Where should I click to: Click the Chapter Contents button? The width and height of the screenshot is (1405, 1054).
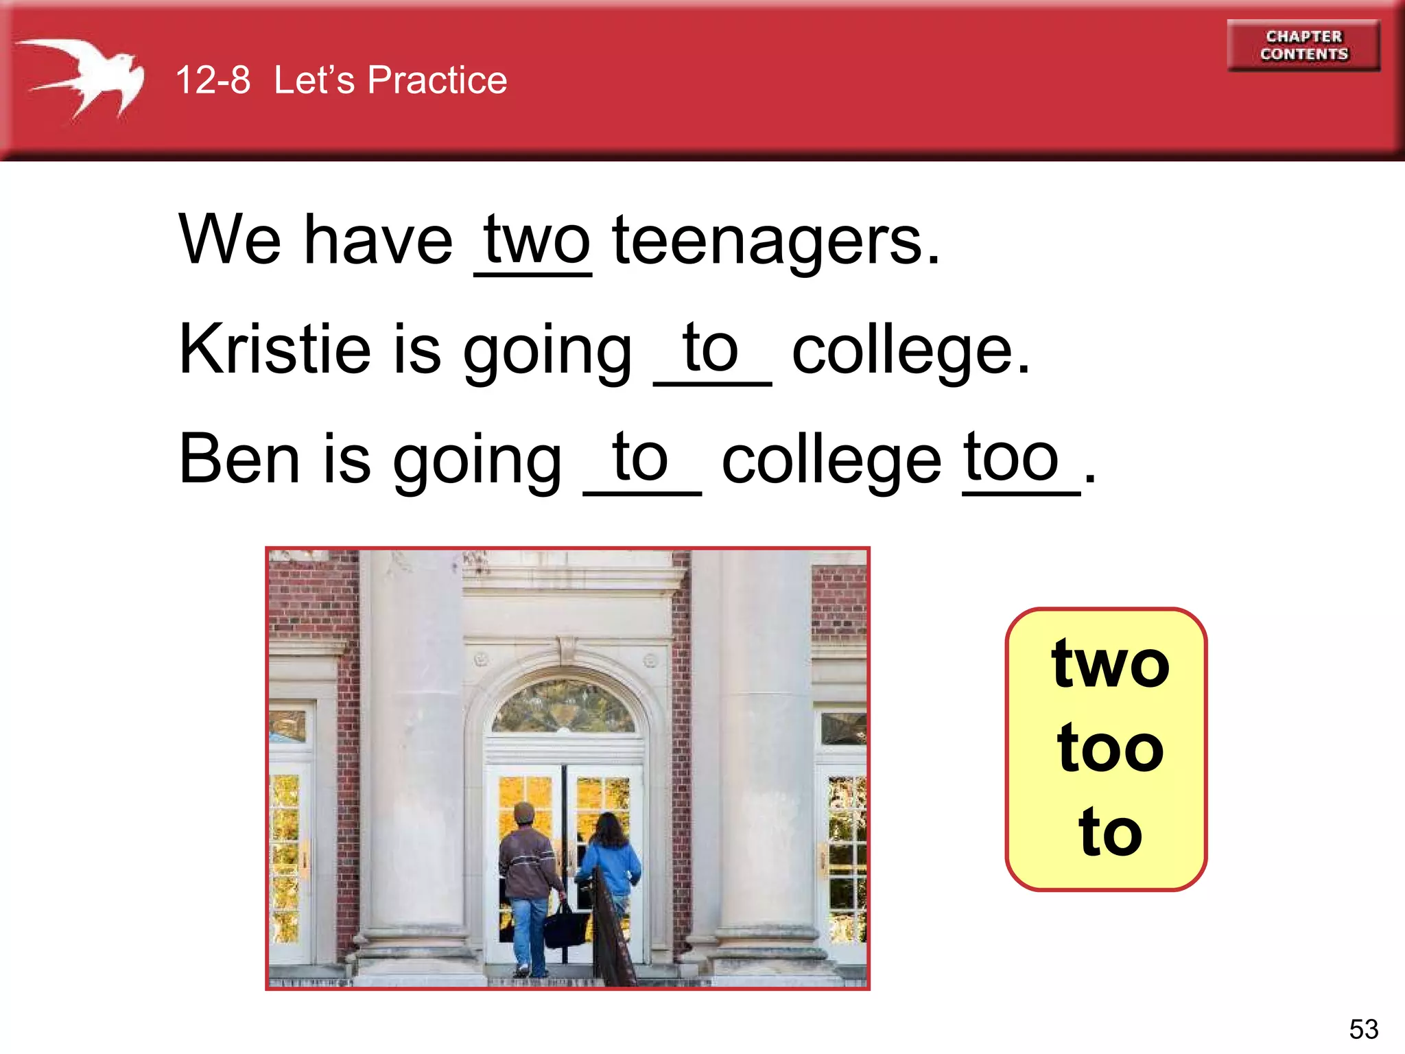[1303, 45]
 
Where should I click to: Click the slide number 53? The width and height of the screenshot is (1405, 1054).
[1363, 1029]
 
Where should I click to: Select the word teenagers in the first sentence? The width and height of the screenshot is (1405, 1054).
[776, 240]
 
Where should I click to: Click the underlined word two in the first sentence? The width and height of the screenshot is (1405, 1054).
[536, 240]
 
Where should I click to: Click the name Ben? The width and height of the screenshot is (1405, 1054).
[239, 458]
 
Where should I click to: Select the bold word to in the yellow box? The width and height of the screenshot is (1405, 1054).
[1109, 832]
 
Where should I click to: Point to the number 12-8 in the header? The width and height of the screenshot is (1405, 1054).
[213, 80]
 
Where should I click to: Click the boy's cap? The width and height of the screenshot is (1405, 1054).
[524, 812]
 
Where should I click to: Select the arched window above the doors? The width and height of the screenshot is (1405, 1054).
[564, 707]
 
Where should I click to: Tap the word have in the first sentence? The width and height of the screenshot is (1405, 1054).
[378, 240]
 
